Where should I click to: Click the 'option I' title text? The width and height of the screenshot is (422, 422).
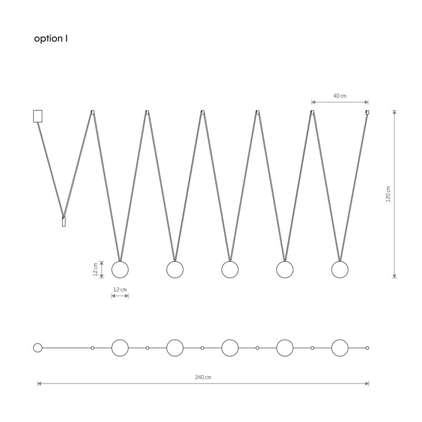click(x=51, y=39)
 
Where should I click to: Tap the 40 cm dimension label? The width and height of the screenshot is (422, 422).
click(x=340, y=96)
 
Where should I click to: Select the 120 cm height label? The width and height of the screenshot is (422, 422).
click(x=388, y=194)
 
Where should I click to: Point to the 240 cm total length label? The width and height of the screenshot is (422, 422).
click(x=203, y=377)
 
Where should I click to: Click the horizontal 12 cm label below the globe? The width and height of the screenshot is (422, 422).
click(x=120, y=290)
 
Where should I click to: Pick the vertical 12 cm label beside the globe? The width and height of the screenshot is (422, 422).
click(x=95, y=270)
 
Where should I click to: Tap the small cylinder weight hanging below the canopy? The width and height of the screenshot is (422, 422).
click(x=64, y=222)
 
